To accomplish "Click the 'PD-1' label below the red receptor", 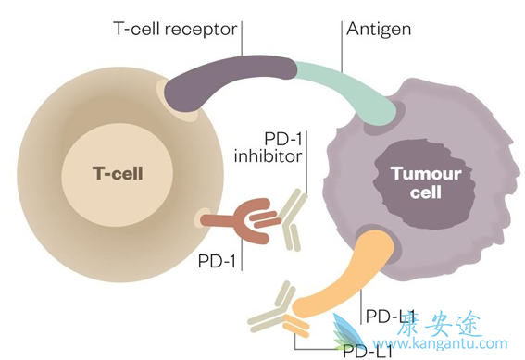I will (x=216, y=259).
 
